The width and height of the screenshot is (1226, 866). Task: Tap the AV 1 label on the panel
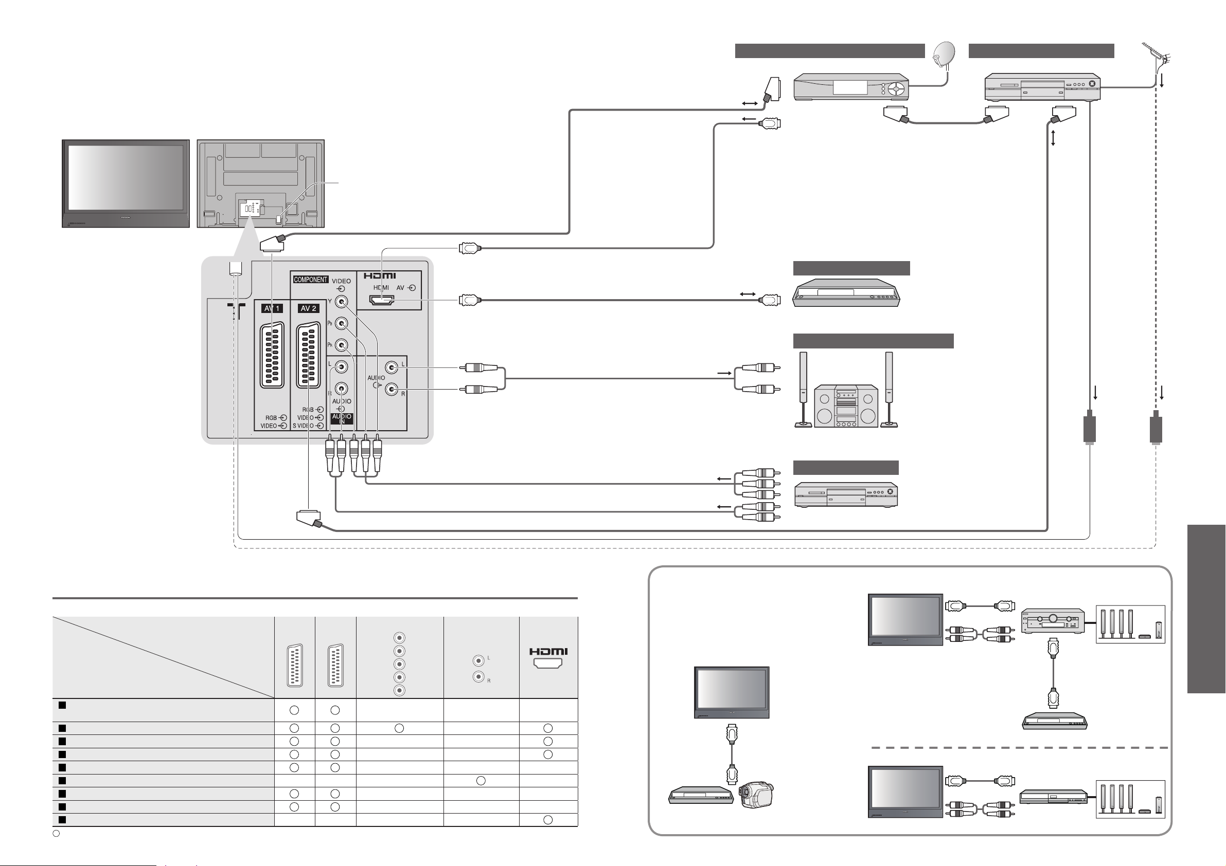272,308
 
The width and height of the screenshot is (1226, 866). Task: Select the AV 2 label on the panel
308,308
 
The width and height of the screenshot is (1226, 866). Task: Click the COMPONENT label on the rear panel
310,280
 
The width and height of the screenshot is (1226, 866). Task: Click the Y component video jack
341,302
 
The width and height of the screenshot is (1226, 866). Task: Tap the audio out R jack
392,390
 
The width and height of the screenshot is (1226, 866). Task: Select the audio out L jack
392,367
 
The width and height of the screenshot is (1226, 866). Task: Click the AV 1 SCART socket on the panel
272,355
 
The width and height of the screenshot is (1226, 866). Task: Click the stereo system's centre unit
845,406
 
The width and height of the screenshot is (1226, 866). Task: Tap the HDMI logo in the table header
548,652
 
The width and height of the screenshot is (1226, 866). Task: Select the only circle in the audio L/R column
481,781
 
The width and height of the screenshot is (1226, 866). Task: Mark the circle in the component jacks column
399,728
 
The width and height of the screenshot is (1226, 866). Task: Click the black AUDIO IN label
341,418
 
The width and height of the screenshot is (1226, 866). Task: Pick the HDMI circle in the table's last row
548,820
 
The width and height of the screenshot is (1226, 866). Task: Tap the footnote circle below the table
56,834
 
